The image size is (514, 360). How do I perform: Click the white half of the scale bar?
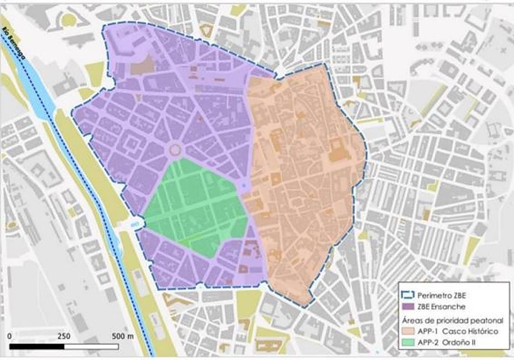pyautogui.click(x=92, y=345)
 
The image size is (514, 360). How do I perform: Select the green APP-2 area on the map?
pyautogui.click(x=193, y=206)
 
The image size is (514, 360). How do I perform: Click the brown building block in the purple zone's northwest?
pyautogui.click(x=143, y=66)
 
